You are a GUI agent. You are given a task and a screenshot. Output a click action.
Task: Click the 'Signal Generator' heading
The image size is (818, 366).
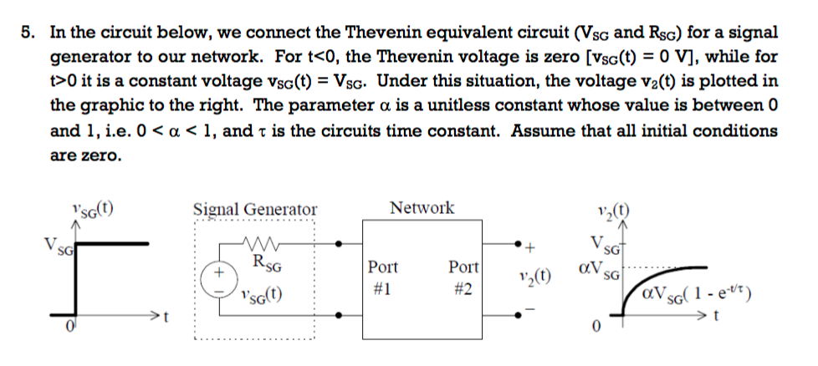255,210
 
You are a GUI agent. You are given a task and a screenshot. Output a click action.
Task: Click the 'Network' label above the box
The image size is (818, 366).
422,208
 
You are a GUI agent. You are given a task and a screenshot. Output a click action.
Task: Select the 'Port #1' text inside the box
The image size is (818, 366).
383,276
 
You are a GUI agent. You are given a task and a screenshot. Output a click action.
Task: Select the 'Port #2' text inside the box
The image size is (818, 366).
463,276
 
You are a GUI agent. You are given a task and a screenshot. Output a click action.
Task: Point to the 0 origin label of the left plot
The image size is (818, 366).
73,324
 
